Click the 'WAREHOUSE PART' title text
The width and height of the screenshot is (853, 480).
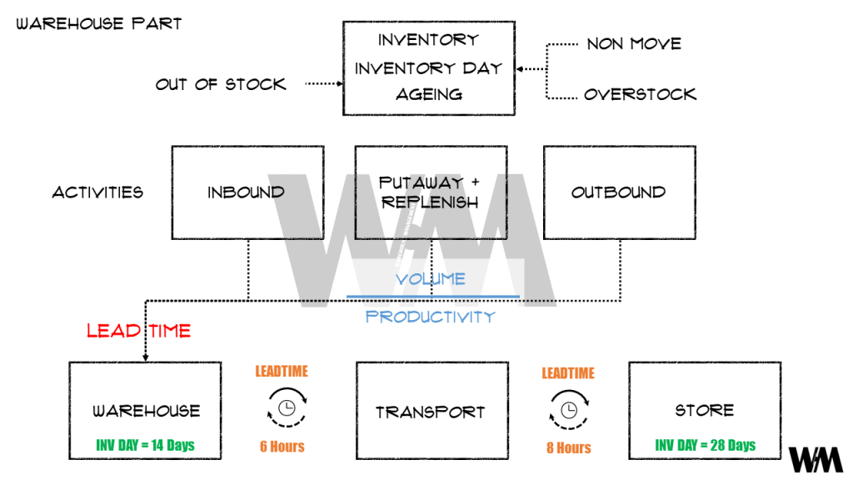point(98,23)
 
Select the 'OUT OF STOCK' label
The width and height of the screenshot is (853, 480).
point(221,84)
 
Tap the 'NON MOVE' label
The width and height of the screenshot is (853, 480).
point(634,43)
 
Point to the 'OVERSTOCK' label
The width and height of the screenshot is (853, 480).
point(640,94)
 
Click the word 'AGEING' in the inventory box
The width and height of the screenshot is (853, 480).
point(428,95)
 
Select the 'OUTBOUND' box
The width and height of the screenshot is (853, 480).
point(618,192)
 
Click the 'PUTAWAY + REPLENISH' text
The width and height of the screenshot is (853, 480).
point(429,192)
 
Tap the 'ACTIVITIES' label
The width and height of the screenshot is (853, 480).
point(97,192)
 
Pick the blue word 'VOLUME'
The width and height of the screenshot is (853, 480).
point(431,279)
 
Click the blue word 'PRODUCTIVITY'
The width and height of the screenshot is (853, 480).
point(431,317)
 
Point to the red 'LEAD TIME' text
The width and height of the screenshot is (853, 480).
point(138,331)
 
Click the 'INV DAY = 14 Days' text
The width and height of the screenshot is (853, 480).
point(147,444)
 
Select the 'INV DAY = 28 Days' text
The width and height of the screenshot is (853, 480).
point(705,444)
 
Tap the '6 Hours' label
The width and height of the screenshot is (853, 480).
point(282,447)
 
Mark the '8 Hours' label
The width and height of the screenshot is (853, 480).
point(568,447)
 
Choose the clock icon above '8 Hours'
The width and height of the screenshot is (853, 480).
point(568,409)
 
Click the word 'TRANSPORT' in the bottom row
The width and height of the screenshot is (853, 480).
point(430,412)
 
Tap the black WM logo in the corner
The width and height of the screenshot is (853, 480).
point(816,459)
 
